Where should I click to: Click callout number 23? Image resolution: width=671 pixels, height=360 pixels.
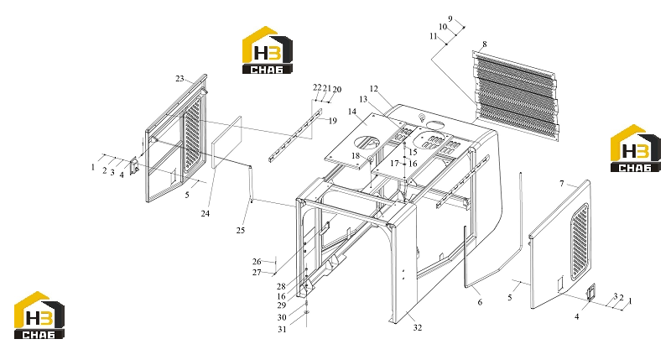click(x=179, y=79)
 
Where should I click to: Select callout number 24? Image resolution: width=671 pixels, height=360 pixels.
click(x=205, y=213)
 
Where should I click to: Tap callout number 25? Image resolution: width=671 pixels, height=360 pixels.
click(x=241, y=230)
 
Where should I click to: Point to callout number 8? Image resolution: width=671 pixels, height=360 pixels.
click(x=485, y=44)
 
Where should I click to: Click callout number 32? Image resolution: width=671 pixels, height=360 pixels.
click(x=418, y=327)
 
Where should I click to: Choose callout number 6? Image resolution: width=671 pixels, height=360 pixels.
click(x=480, y=302)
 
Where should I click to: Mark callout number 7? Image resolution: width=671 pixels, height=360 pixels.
click(x=562, y=184)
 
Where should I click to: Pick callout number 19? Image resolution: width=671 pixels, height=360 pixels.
click(x=333, y=121)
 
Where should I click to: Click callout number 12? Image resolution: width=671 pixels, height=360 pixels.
click(x=374, y=89)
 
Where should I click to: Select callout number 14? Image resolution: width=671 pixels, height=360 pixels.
click(x=352, y=112)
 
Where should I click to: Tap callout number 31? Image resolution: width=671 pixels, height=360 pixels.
click(x=282, y=329)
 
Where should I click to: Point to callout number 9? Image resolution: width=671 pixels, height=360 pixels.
click(x=450, y=18)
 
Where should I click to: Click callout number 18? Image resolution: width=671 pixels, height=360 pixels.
click(x=356, y=156)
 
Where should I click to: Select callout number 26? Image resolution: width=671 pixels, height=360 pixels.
click(x=257, y=261)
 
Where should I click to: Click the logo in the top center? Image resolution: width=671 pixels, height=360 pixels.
click(x=268, y=50)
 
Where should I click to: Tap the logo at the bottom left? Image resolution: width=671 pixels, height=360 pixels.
click(x=39, y=315)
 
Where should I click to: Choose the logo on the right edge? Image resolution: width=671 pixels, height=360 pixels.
click(x=636, y=149)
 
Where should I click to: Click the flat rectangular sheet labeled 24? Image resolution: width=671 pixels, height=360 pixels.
click(x=227, y=142)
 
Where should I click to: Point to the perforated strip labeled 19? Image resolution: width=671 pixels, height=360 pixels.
click(x=294, y=135)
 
